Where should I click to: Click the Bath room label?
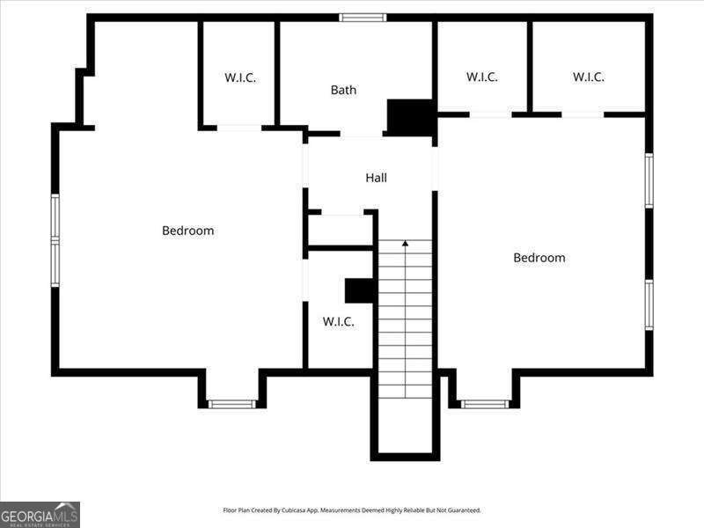[x=343, y=90]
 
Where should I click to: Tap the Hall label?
[x=376, y=178]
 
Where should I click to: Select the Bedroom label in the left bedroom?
[x=187, y=231]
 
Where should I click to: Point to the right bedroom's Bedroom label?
[x=539, y=258]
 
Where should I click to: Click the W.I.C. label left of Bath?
[x=240, y=77]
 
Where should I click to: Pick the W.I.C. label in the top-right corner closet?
[x=588, y=77]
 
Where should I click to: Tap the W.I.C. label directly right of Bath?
[x=481, y=77]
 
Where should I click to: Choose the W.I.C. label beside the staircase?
[x=338, y=321]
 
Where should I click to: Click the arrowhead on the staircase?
[x=405, y=244]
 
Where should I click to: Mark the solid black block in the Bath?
[x=411, y=117]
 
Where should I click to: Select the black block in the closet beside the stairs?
[x=359, y=291]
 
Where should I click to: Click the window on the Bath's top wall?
[x=363, y=18]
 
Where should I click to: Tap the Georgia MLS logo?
[x=40, y=515]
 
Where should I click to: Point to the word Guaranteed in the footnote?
[x=467, y=510]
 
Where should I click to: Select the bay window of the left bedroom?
[x=232, y=404]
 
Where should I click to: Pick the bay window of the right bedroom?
[x=486, y=404]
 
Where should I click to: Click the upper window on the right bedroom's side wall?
[x=649, y=180]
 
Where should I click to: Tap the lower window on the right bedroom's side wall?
[x=649, y=304]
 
